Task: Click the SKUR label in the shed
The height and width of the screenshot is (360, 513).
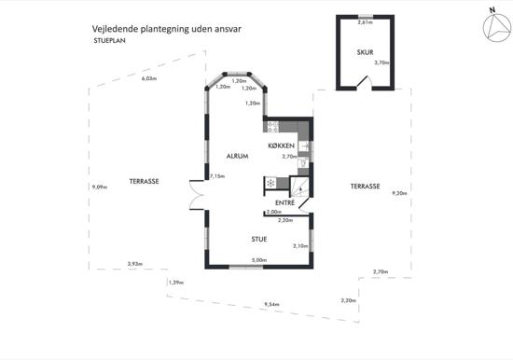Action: [x=365, y=52]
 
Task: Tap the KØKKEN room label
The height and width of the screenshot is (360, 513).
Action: [x=282, y=145]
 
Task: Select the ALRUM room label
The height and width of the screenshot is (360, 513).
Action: [x=237, y=156]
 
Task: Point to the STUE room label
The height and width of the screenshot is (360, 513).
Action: [x=259, y=240]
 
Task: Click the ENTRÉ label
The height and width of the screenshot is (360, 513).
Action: [x=285, y=203]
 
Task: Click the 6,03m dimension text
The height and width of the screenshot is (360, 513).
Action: [x=149, y=78]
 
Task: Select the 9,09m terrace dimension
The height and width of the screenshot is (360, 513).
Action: [x=100, y=187]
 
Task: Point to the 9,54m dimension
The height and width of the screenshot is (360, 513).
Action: [x=271, y=305]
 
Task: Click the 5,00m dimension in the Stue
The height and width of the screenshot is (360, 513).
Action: [x=259, y=260]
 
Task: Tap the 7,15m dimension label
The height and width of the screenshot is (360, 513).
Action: [x=217, y=176]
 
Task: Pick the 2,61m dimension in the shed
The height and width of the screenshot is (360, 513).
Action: [x=365, y=22]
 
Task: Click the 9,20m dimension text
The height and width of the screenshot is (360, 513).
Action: [x=399, y=193]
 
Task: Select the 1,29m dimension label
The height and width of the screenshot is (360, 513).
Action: [x=176, y=283]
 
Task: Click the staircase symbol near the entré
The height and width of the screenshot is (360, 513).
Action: [x=299, y=187]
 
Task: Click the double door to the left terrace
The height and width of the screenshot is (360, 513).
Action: [x=197, y=195]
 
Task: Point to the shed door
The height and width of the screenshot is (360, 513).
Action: [x=364, y=82]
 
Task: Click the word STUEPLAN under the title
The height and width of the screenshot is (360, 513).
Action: [x=110, y=41]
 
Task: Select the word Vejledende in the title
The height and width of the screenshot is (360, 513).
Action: [x=115, y=29]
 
